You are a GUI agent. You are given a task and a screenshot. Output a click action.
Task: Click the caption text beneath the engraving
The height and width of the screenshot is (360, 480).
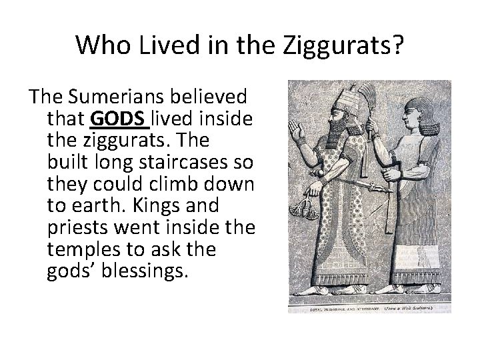tap(369, 309)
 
